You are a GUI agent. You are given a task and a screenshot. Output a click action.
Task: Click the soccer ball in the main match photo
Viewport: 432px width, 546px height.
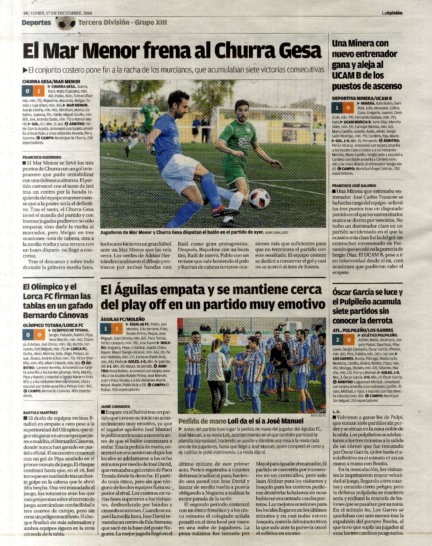[259, 198]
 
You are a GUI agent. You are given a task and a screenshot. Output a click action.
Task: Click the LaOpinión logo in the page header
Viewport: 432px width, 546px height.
[392, 13]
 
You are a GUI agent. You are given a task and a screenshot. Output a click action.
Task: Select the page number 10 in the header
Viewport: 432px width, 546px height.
[25, 13]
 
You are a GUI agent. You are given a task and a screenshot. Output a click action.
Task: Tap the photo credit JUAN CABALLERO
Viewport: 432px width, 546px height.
[276, 232]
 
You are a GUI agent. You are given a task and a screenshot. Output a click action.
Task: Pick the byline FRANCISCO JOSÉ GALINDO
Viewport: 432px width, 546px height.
[354, 185]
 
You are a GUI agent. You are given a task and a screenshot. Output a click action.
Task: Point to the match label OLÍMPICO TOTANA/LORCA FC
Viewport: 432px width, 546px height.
[53, 325]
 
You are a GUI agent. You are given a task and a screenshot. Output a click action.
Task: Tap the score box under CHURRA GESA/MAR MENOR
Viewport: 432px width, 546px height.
[33, 91]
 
